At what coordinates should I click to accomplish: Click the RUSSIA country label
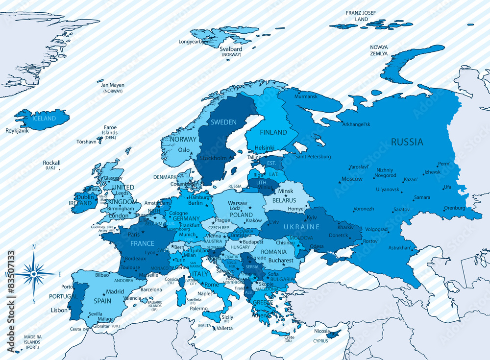(407, 142)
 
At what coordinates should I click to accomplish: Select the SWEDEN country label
(223, 122)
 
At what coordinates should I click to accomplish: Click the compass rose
(34, 274)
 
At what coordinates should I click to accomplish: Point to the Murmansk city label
(306, 96)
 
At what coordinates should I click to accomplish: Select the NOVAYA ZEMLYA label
(379, 50)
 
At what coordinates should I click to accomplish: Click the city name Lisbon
(59, 311)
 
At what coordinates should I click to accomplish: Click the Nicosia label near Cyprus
(322, 331)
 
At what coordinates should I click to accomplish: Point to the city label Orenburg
(454, 208)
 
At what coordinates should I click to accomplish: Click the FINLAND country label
(273, 132)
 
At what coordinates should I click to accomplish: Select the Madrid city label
(115, 291)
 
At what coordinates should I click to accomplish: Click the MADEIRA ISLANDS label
(32, 339)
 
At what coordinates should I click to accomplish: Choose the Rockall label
(51, 163)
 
